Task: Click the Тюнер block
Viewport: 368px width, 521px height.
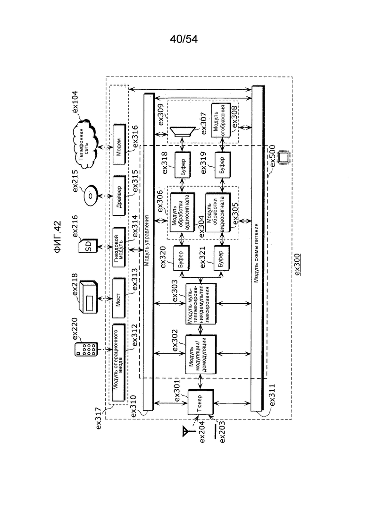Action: coord(201,402)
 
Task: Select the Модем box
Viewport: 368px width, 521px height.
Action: coord(119,144)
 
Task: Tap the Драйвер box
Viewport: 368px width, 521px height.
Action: coord(119,196)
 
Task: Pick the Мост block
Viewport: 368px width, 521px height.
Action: coord(119,298)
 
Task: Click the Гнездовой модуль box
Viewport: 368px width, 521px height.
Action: coord(119,247)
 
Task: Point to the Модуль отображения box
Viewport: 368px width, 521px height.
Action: coord(221,120)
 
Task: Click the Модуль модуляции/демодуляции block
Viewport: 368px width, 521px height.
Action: coord(201,355)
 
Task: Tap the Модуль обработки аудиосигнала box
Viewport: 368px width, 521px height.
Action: coord(182,213)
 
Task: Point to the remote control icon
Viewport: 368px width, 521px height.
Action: coord(86,350)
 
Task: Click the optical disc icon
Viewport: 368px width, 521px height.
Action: coord(90,196)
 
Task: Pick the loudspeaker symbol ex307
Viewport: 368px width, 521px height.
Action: coord(182,132)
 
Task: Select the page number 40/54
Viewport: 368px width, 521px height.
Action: coord(184,39)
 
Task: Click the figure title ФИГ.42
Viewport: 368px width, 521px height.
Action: coord(58,237)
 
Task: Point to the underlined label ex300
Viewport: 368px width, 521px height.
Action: coord(298,264)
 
